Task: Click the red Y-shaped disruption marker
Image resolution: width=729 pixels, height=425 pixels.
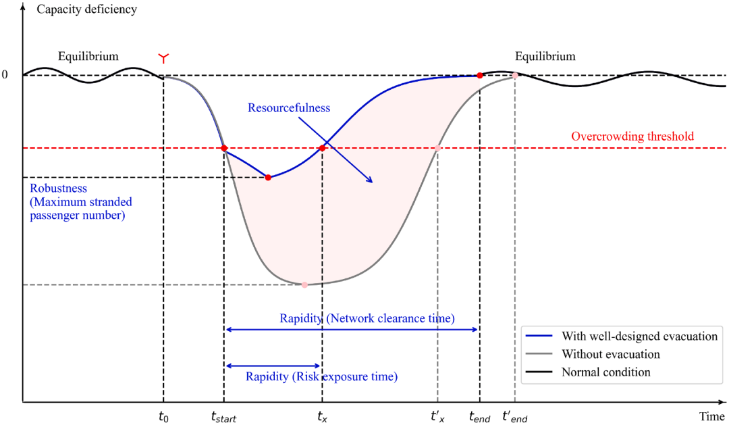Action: (163, 58)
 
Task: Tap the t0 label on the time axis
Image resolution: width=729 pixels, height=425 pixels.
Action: (163, 417)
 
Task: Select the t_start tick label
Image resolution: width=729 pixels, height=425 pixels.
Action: (223, 417)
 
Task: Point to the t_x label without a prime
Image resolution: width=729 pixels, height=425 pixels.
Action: (322, 417)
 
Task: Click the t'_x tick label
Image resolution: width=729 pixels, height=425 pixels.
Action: (437, 416)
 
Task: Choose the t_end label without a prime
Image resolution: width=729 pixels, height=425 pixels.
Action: (479, 417)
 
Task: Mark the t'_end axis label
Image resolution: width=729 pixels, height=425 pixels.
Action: (514, 416)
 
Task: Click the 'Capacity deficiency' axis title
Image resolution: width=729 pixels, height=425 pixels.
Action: (87, 9)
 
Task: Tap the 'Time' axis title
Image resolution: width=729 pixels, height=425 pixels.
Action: (712, 416)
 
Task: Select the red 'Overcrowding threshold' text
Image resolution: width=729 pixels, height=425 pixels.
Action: (632, 136)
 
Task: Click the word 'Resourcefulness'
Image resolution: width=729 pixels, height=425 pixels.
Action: (289, 107)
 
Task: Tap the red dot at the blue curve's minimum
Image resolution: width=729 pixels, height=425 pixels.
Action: (268, 177)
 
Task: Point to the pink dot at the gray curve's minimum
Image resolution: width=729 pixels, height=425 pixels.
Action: (304, 285)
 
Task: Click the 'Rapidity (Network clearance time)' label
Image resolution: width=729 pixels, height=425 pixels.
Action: (367, 318)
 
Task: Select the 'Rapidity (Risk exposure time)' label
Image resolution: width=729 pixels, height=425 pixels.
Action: (321, 376)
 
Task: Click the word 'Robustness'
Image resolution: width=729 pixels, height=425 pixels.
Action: (59, 188)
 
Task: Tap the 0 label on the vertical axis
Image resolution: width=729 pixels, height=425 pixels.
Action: (5, 74)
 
